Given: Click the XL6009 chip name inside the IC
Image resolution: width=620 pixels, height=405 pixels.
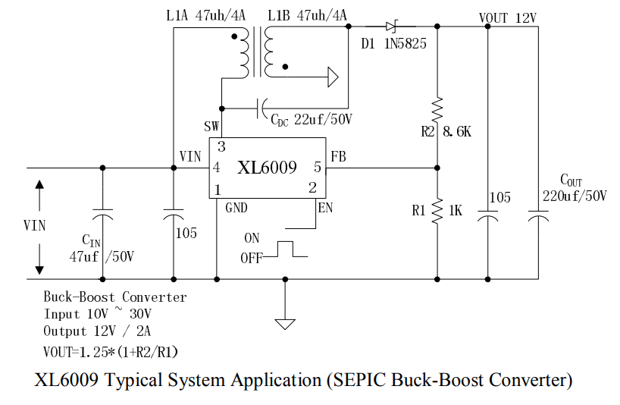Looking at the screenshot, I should coord(267,168).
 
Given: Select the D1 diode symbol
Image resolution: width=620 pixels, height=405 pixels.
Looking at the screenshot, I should coord(391,27).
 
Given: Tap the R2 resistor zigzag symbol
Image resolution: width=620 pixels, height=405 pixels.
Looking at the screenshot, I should coord(437,111).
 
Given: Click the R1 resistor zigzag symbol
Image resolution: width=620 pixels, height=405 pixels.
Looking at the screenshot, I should coord(437,211).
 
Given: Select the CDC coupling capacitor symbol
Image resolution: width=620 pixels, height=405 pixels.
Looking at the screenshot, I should coord(262,107).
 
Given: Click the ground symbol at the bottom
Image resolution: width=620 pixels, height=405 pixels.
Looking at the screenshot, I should coord(286,324).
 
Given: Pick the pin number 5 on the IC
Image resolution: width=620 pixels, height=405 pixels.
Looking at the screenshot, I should coord(317,168).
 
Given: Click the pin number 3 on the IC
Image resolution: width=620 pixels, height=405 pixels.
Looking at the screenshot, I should coord(221,146).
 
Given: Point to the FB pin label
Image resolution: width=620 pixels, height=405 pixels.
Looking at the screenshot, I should coord(339,157).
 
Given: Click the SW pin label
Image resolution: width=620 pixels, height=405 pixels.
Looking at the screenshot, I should coord(212,126).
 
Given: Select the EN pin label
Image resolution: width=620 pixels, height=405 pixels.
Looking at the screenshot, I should coord(325,207).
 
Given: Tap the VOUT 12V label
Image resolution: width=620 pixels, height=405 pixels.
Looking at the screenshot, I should coord(507,17).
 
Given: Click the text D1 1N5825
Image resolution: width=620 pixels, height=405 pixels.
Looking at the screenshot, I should coord(393,43).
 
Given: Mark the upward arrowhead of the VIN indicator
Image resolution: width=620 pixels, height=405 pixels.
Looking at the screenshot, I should coord(39,184).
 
